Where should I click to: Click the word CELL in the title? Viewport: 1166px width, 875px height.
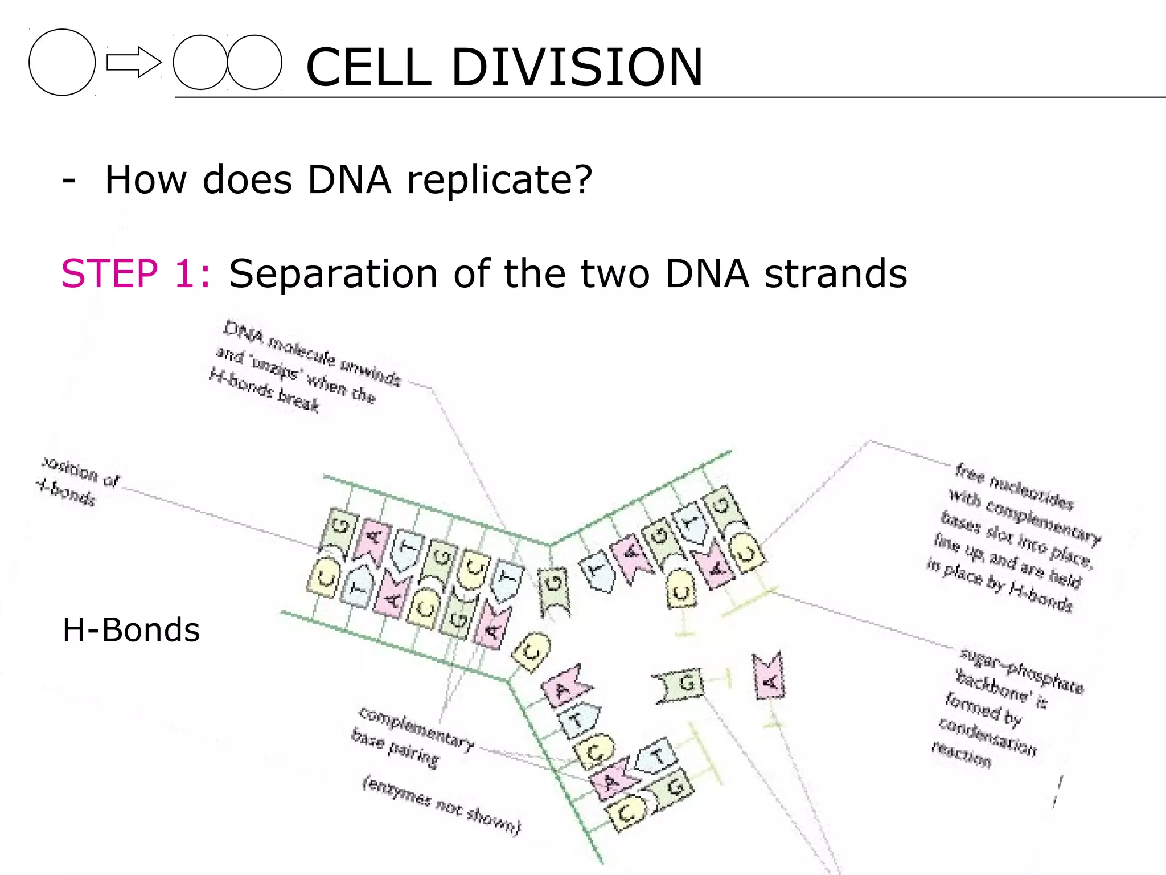coord(369,67)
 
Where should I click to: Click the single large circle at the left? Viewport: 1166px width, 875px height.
coord(62,62)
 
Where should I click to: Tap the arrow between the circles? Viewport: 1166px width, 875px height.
coord(134,62)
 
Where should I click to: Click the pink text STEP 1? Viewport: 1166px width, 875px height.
coord(136,274)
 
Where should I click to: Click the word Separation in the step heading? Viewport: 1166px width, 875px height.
coord(333,274)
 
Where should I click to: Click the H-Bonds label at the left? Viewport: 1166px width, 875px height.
coord(131,630)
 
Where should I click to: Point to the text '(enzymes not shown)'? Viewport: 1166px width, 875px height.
coord(441,804)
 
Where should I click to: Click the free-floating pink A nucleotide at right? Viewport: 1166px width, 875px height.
coord(769,677)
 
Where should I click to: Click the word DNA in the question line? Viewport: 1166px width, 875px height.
coord(349,179)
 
